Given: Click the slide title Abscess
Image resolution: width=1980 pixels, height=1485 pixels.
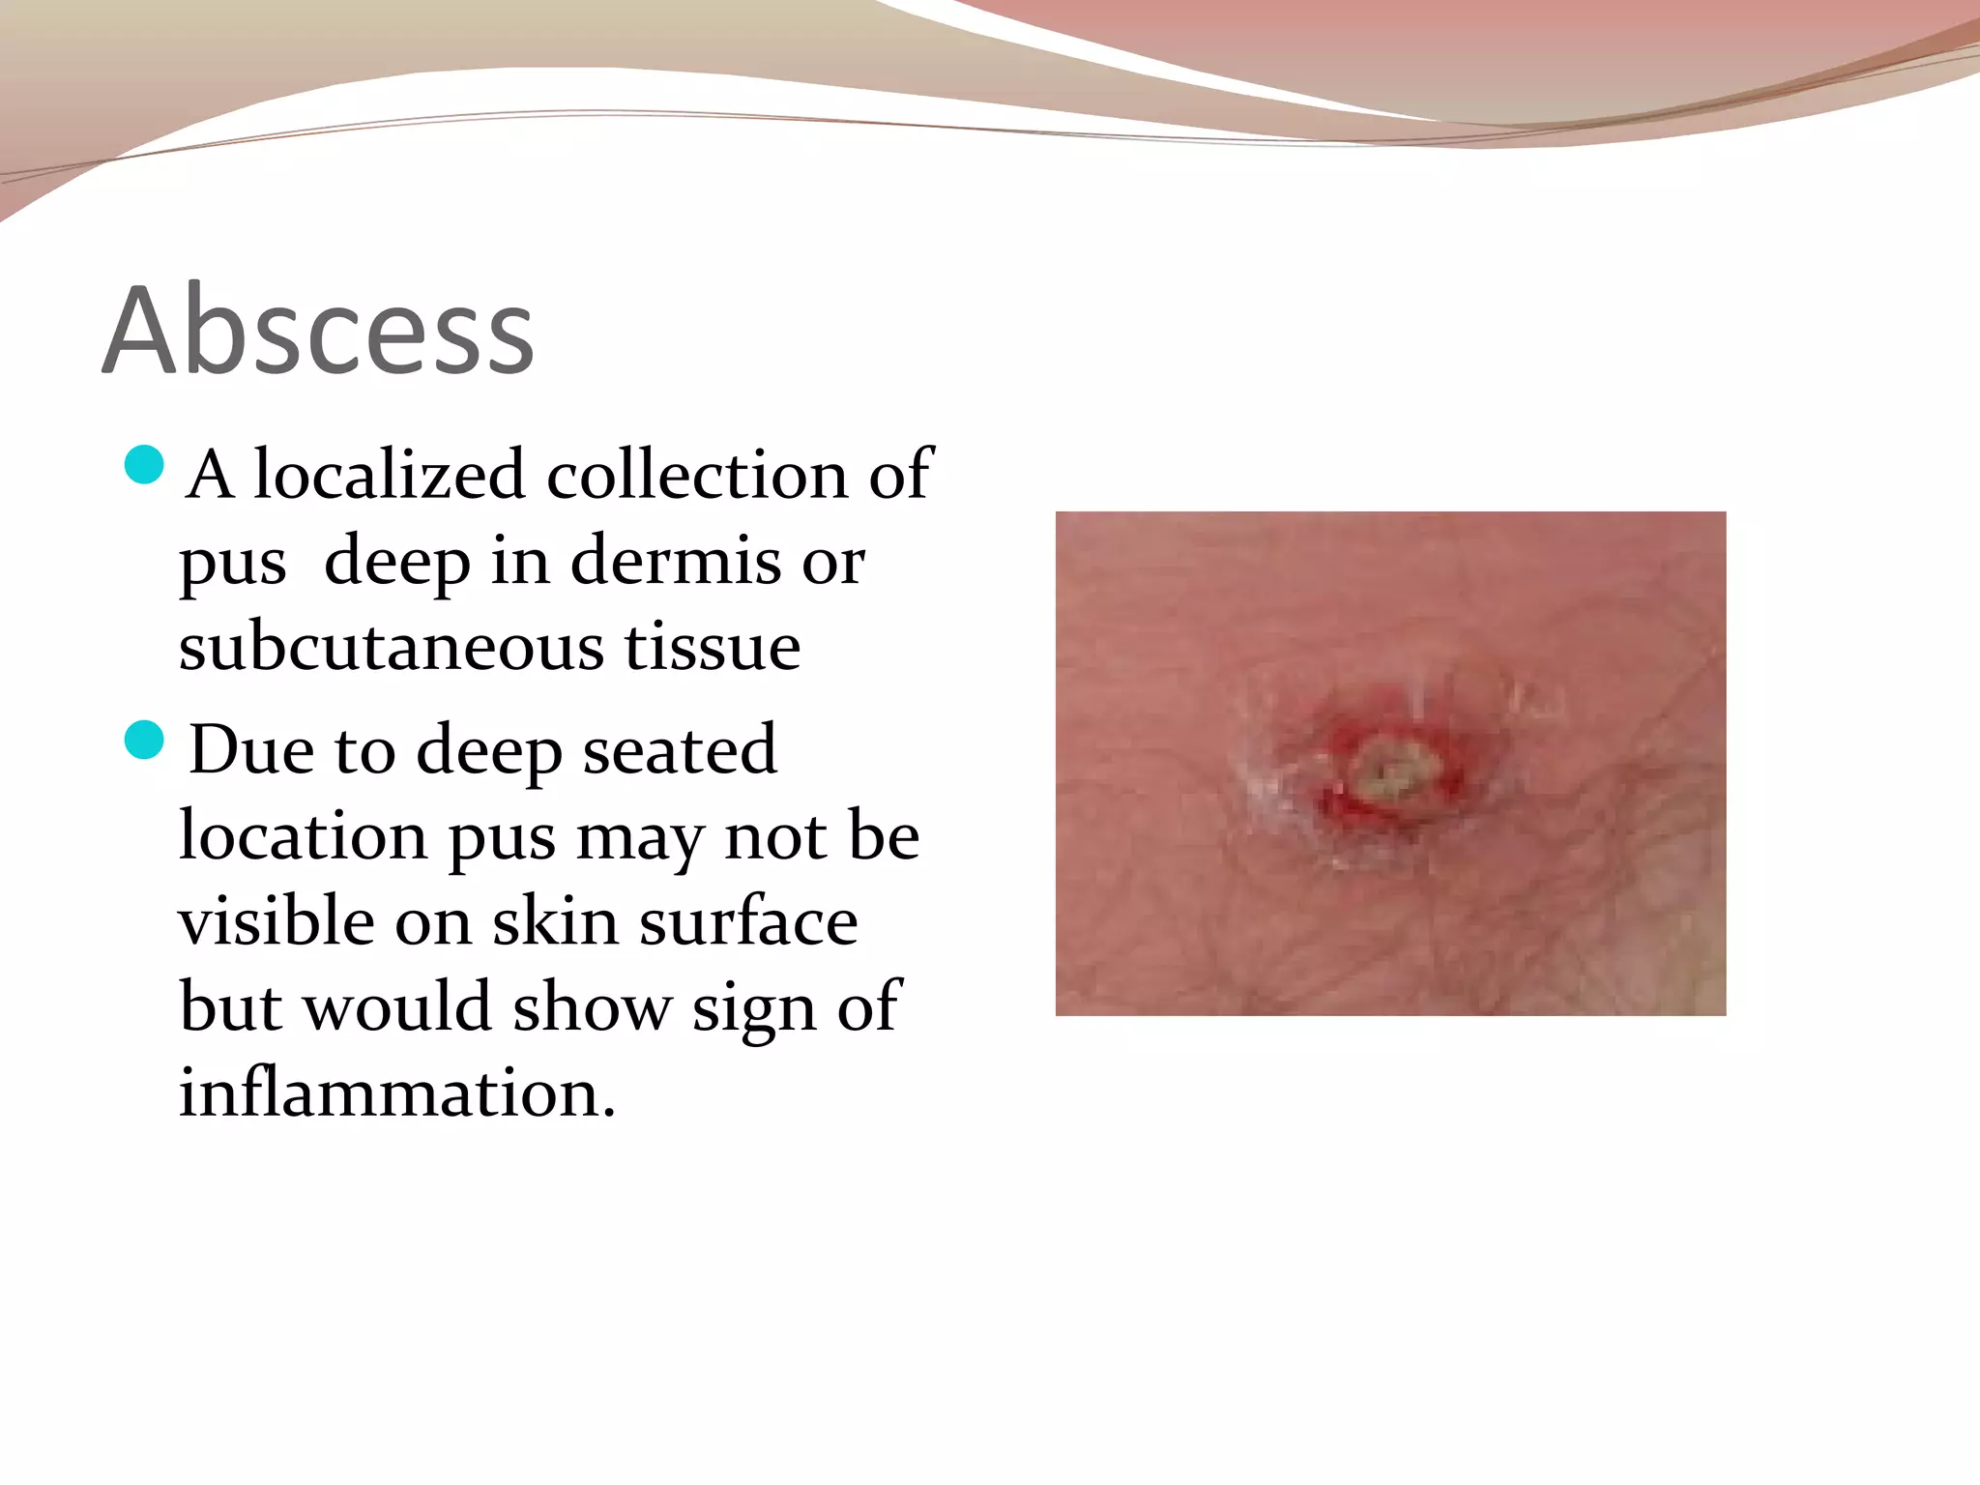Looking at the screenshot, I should (318, 331).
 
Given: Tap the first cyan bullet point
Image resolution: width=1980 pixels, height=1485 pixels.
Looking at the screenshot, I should (144, 465).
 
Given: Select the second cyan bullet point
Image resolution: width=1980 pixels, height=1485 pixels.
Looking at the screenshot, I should (144, 741).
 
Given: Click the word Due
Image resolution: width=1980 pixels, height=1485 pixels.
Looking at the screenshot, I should (251, 749).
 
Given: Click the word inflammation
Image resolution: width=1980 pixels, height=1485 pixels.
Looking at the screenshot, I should (396, 1092).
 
